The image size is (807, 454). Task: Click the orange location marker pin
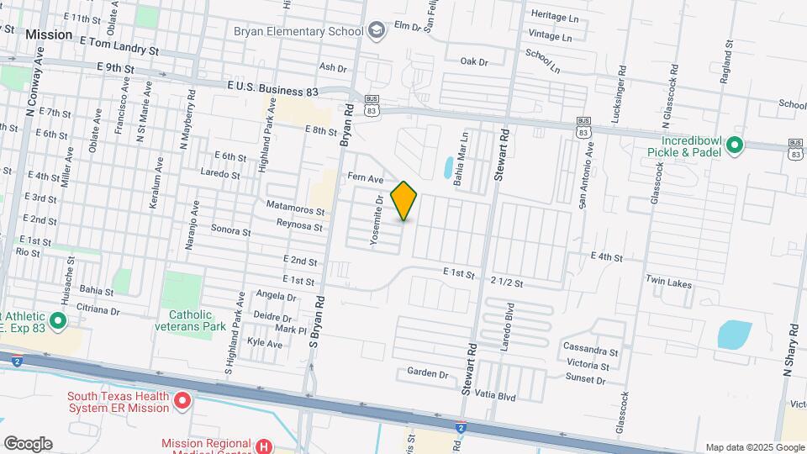[x=404, y=200]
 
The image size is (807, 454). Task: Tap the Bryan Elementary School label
[x=298, y=32]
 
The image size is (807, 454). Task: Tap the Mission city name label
[x=49, y=35]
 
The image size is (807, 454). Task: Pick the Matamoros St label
[x=295, y=206]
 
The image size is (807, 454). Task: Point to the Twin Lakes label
[x=668, y=284]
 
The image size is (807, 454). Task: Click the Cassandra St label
[x=591, y=350]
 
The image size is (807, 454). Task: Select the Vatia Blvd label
[x=499, y=394]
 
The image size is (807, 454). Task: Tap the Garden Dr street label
[x=428, y=372]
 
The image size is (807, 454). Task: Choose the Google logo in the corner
[x=28, y=443]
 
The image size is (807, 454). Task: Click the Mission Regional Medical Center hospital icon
[x=264, y=446]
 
